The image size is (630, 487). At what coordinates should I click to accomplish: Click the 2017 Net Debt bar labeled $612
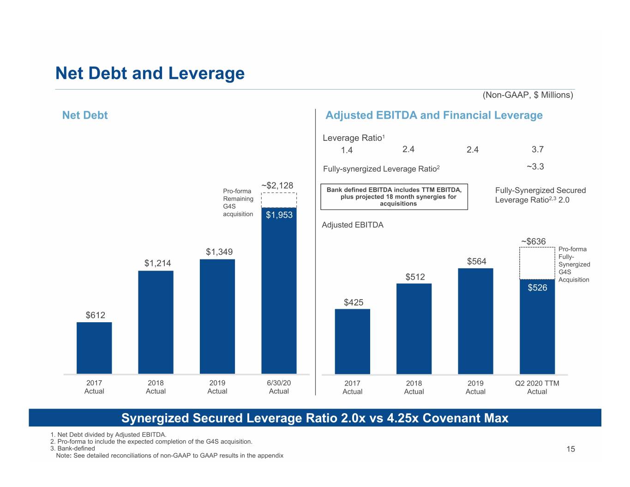(x=94, y=348)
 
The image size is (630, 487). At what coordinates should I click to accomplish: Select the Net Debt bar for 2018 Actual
(x=156, y=322)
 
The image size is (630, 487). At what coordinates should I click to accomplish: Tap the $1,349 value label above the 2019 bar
(x=219, y=252)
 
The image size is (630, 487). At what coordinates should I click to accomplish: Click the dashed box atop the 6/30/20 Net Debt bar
(x=279, y=200)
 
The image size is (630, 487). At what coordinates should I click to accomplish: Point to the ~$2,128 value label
(x=277, y=185)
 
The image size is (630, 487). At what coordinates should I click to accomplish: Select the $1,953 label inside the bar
(x=279, y=215)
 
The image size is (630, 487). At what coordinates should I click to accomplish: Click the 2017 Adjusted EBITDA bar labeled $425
(x=352, y=342)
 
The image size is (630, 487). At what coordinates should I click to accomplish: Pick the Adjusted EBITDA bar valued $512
(x=414, y=329)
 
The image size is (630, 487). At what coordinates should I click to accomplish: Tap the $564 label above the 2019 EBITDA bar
(x=477, y=261)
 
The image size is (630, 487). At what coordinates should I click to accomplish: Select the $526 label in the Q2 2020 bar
(x=537, y=288)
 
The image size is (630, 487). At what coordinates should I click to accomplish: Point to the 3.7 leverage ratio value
(x=538, y=149)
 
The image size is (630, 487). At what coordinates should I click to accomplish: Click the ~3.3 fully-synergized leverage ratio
(x=535, y=166)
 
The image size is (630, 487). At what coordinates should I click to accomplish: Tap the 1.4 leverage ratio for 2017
(x=347, y=150)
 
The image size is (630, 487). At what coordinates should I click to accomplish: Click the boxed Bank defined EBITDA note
(x=394, y=197)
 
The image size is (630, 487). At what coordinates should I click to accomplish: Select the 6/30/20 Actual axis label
(x=279, y=387)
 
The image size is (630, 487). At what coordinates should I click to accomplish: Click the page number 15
(x=570, y=449)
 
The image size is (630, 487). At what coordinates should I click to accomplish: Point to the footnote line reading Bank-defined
(x=72, y=448)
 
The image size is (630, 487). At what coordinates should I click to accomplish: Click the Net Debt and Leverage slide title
(x=150, y=73)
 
